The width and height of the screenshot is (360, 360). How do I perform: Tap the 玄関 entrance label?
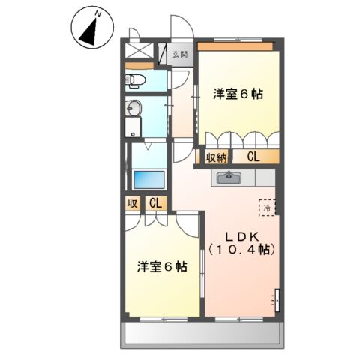(x=179, y=54)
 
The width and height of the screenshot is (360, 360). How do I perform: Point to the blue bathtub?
(x=148, y=181)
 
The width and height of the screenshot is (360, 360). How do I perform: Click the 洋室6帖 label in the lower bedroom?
(x=162, y=266)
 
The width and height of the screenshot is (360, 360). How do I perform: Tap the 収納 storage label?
(x=216, y=157)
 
